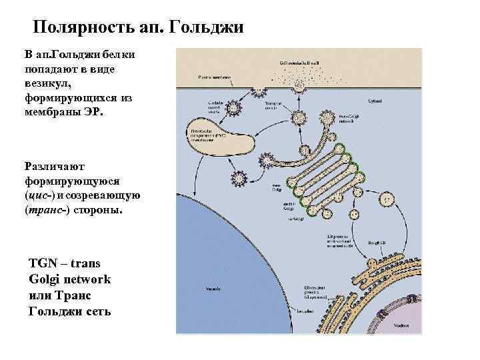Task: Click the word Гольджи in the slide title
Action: [207, 28]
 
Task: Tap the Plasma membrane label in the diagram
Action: [214, 77]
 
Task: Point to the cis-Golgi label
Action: [293, 218]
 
